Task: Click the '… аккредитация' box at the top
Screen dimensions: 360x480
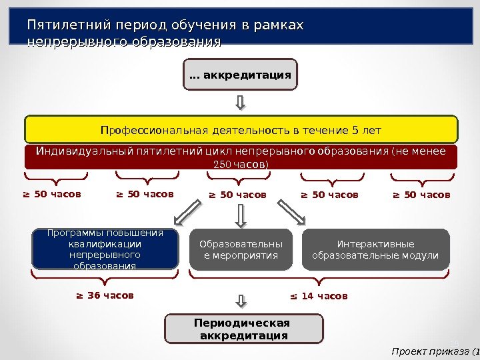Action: (x=240, y=75)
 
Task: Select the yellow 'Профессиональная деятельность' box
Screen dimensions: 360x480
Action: (x=241, y=129)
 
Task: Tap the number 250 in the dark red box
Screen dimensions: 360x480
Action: (x=219, y=164)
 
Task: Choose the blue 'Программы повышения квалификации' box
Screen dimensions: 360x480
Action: (x=105, y=249)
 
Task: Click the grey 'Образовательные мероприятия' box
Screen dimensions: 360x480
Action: (x=241, y=249)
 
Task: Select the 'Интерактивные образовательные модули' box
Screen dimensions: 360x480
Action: (x=375, y=249)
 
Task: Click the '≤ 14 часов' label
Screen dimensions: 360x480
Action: (x=318, y=295)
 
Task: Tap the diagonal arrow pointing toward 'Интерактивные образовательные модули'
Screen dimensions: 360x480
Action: (x=291, y=213)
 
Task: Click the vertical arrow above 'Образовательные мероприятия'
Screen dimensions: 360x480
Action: (x=240, y=215)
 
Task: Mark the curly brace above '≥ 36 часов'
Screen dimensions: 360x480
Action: (x=105, y=276)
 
